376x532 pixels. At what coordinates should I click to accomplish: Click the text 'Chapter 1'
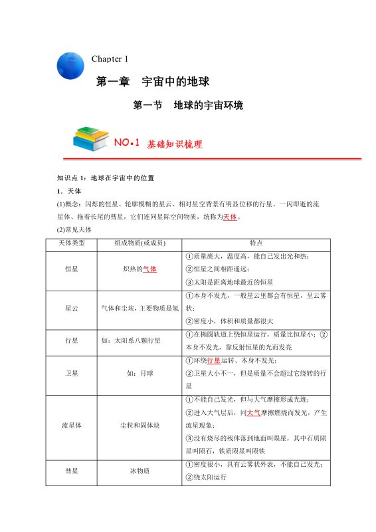(110, 59)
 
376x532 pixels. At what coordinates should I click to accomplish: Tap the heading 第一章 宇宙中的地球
(153, 82)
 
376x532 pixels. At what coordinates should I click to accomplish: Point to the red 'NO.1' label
(126, 143)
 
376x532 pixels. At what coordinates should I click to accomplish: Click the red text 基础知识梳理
(175, 144)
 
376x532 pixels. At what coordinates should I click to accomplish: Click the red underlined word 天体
(230, 217)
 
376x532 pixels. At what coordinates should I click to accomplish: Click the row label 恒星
(72, 269)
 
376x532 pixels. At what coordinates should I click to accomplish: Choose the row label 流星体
(72, 423)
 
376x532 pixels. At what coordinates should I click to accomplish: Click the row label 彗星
(72, 471)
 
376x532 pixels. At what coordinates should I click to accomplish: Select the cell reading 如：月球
(140, 373)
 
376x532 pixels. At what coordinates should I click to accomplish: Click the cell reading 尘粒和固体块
(140, 423)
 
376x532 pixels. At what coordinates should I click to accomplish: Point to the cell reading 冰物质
(140, 471)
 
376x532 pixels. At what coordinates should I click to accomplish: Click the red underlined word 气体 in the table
(150, 269)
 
